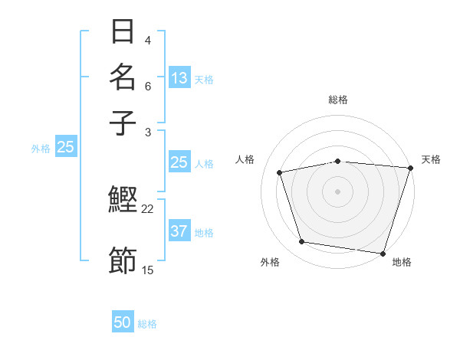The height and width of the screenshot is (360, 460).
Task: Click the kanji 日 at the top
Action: tap(123, 32)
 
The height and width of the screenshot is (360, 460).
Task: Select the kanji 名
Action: tap(123, 77)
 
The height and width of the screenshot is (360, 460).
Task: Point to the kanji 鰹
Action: tap(123, 201)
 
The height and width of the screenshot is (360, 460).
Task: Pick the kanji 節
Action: tap(123, 260)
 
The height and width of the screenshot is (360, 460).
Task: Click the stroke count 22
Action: tap(148, 208)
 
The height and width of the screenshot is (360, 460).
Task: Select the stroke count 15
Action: tap(148, 270)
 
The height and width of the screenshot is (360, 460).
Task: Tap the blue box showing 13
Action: tap(179, 77)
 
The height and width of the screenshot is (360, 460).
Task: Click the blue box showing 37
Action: tap(179, 232)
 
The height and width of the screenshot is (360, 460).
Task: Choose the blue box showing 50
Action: tap(123, 323)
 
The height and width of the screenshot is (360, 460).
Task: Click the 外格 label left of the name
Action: tap(41, 149)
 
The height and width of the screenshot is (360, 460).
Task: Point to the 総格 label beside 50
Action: tap(147, 324)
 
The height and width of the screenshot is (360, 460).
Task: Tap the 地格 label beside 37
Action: tap(204, 233)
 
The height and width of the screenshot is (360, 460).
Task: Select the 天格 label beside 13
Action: tap(204, 79)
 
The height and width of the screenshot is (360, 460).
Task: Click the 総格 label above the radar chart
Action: tap(338, 100)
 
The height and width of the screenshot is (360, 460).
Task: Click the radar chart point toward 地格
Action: tap(383, 252)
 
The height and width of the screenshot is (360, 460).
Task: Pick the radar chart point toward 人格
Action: tap(280, 172)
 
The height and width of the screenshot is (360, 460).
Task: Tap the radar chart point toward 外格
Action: tap(302, 242)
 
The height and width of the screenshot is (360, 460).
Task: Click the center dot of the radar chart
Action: tap(338, 191)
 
